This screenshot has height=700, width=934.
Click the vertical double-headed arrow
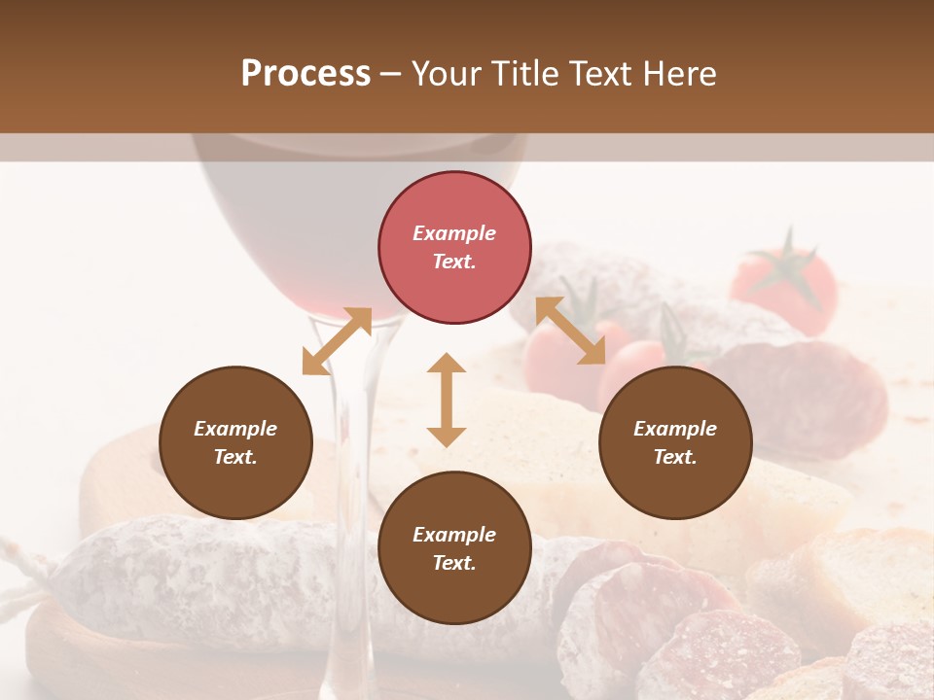tap(447, 400)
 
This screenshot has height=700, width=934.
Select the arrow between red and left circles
tap(337, 341)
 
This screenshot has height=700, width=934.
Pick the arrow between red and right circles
tap(570, 331)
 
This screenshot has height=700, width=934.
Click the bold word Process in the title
tap(305, 74)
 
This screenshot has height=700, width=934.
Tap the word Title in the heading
tap(523, 74)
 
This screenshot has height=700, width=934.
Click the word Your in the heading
tap(446, 74)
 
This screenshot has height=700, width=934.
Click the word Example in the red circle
tap(454, 233)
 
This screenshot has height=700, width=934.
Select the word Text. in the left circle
tap(235, 457)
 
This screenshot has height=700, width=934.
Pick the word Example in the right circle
tap(675, 429)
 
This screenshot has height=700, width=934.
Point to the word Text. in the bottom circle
tap(454, 563)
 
